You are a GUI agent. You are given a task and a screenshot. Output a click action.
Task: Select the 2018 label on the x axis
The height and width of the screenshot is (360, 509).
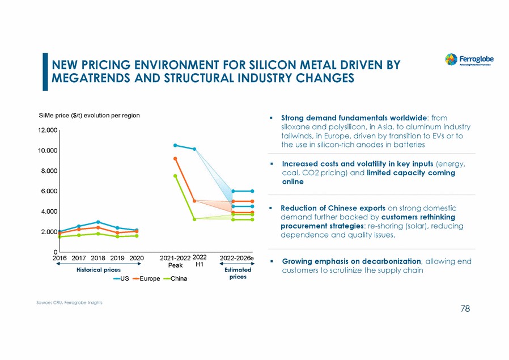tap(98, 259)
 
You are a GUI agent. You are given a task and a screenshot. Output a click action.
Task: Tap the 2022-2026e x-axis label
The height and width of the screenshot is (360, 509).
tap(236, 259)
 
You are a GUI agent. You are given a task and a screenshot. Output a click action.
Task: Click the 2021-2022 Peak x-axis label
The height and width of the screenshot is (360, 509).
tap(175, 261)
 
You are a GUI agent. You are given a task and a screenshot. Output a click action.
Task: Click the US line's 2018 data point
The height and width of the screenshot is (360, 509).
tap(98, 222)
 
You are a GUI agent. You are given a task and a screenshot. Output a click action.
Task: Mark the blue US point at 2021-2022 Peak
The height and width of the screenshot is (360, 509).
tap(175, 145)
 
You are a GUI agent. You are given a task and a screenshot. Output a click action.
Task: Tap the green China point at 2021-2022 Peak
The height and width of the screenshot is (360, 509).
tap(175, 176)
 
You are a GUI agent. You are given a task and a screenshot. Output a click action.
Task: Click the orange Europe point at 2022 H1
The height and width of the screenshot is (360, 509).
tap(194, 201)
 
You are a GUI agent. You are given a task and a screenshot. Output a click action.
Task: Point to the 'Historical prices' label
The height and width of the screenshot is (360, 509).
tap(98, 270)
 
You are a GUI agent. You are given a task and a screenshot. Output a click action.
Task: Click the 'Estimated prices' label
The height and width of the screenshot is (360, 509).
tap(237, 274)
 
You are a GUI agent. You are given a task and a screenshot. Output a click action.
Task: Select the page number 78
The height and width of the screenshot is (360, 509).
tap(465, 309)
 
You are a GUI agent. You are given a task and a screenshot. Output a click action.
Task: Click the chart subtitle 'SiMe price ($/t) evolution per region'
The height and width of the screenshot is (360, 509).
tap(89, 116)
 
